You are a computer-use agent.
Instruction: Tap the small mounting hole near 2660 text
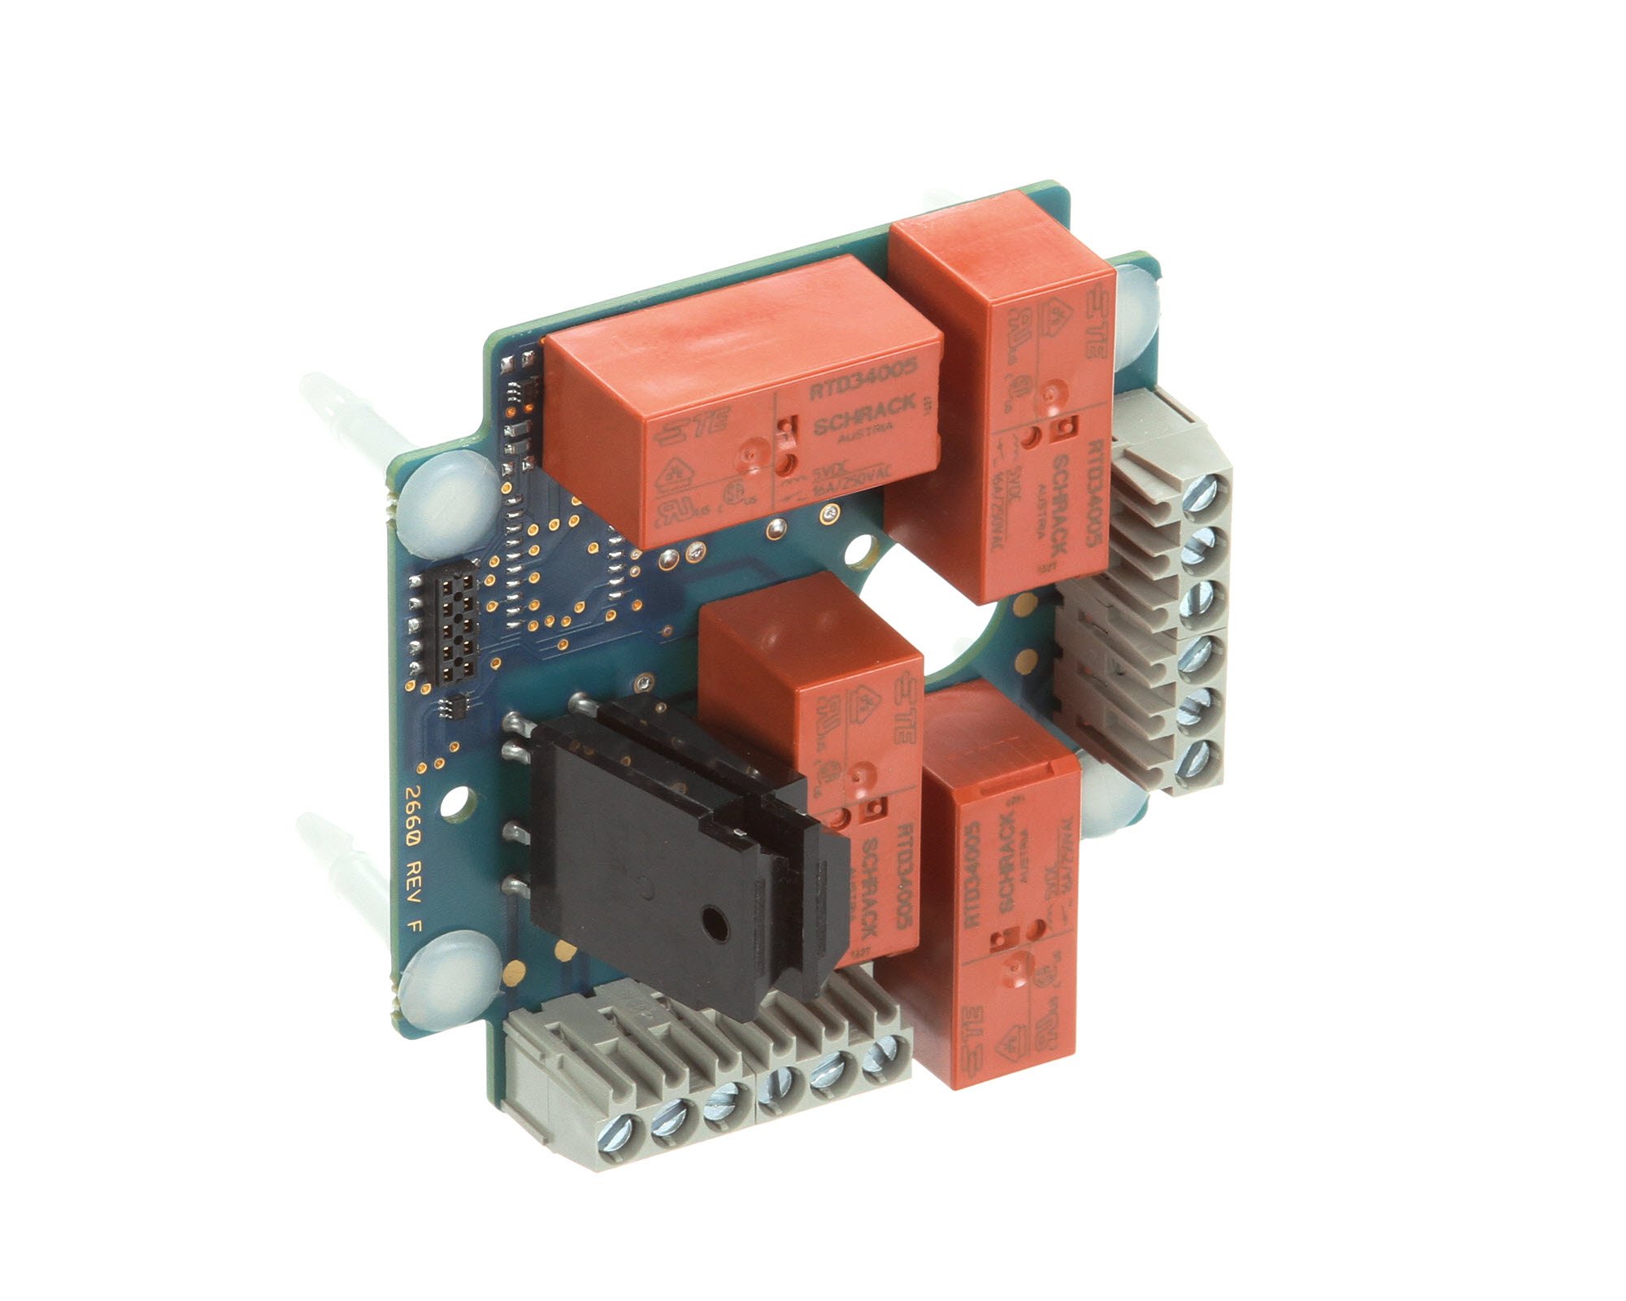point(458,803)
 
